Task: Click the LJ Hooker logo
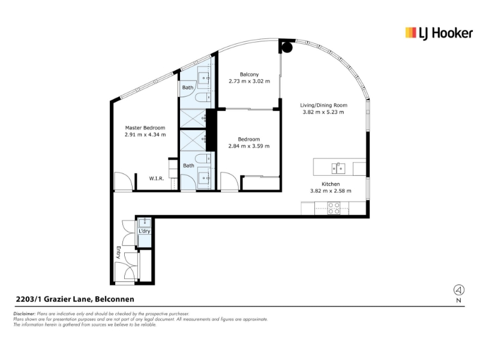(439, 34)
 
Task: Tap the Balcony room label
(249, 74)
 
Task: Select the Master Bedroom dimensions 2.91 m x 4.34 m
(145, 134)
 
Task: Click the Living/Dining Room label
(323, 106)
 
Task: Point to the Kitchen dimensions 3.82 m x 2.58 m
(331, 191)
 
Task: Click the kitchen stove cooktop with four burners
(334, 208)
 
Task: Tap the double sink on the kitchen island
(338, 168)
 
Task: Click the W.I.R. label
(157, 178)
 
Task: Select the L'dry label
(144, 231)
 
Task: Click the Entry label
(118, 253)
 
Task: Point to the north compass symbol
(458, 290)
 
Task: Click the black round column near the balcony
(287, 47)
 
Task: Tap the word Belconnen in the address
(115, 299)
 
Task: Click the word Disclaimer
(25, 314)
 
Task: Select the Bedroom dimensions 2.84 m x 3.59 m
(249, 146)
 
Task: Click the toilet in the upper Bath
(203, 98)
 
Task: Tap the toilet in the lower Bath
(203, 158)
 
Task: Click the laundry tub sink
(144, 223)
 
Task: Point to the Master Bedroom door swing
(124, 182)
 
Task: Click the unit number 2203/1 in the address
(29, 299)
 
